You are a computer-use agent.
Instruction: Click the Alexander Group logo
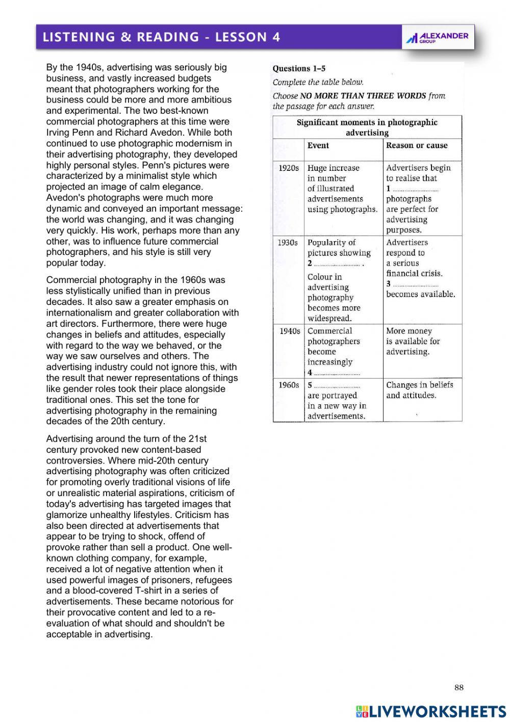[437, 37]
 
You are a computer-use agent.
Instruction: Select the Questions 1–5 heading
[299, 68]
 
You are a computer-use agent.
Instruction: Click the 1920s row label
[289, 168]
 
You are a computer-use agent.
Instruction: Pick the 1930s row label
[288, 242]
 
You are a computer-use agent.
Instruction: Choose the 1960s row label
[289, 385]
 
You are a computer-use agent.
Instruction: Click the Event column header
[318, 145]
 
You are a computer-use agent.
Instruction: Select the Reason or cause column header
[417, 145]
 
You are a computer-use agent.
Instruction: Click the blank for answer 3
[416, 285]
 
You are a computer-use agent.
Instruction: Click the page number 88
[459, 687]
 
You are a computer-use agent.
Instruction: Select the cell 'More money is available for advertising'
[413, 341]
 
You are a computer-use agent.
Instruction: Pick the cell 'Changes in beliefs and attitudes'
[419, 390]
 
